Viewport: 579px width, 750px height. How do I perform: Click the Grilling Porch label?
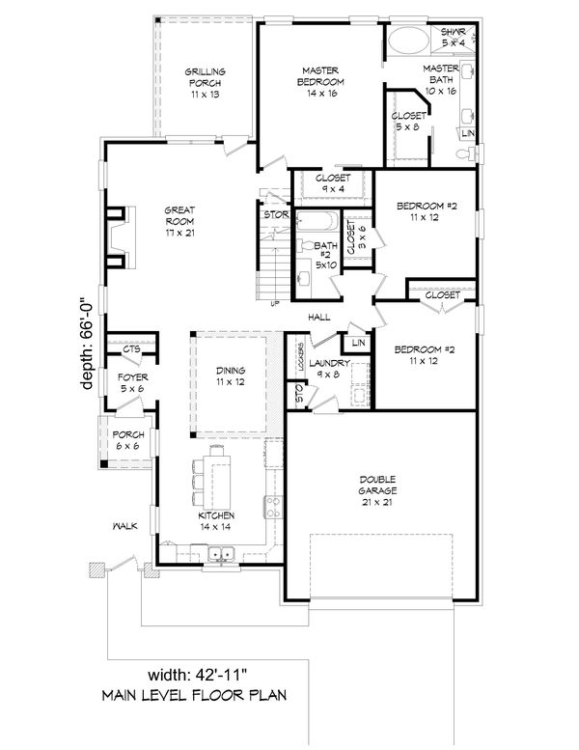(205, 83)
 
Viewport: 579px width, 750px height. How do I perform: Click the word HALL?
(321, 317)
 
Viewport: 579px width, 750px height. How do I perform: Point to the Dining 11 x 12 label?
(231, 376)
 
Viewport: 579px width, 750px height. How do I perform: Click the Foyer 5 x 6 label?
(131, 382)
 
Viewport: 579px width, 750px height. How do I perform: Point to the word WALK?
(123, 526)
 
